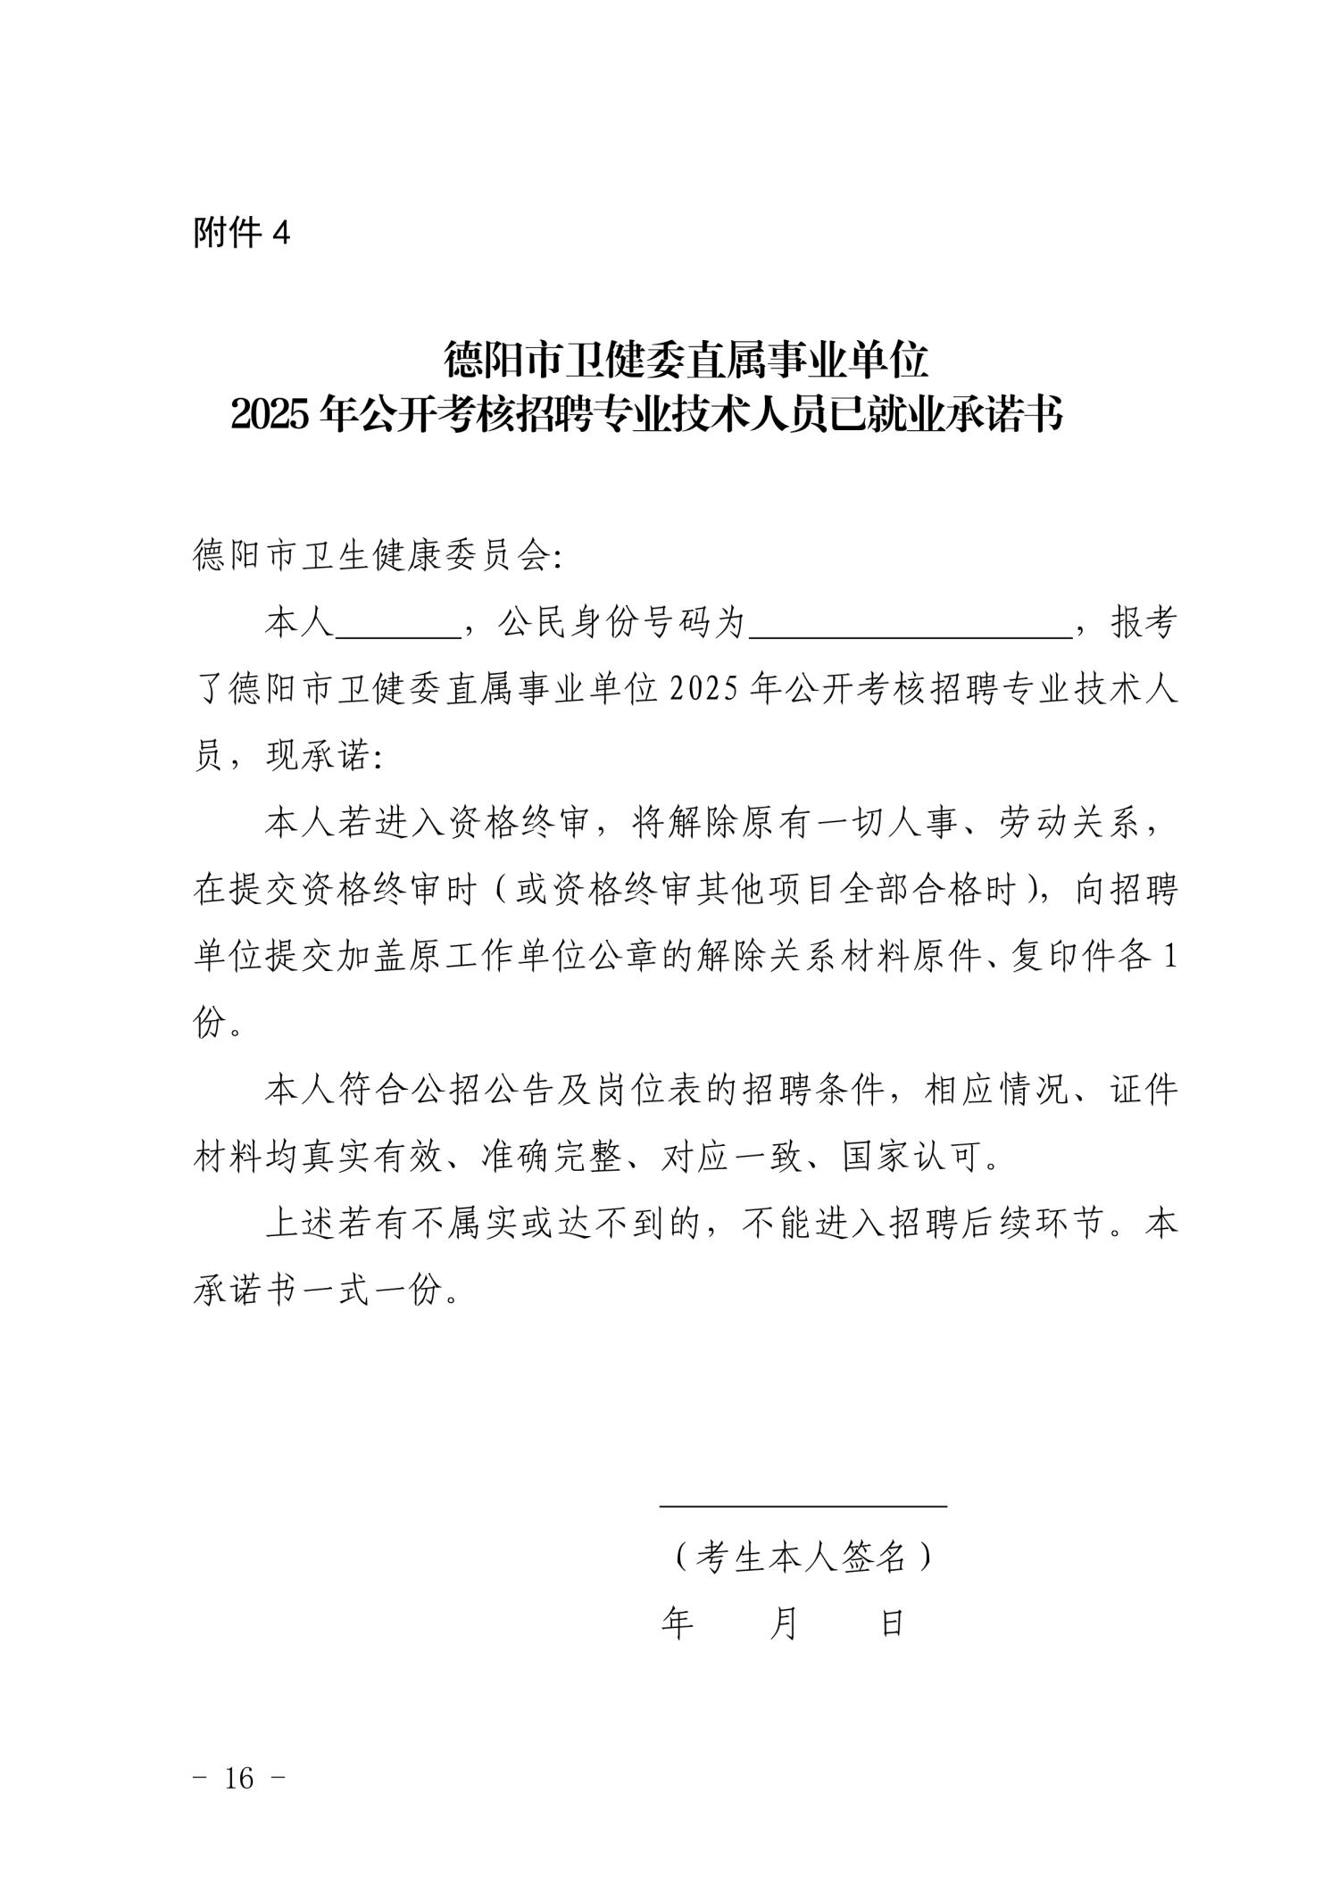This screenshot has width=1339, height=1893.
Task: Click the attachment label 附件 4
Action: pos(242,234)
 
